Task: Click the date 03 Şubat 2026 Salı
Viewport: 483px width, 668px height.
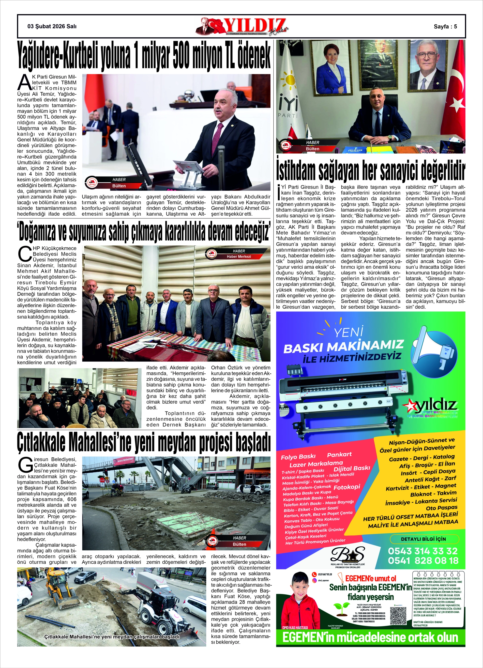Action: [x=52, y=26]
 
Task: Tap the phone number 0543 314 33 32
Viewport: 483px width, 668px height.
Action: [x=423, y=551]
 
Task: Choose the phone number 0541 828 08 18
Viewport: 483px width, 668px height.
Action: [x=423, y=561]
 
